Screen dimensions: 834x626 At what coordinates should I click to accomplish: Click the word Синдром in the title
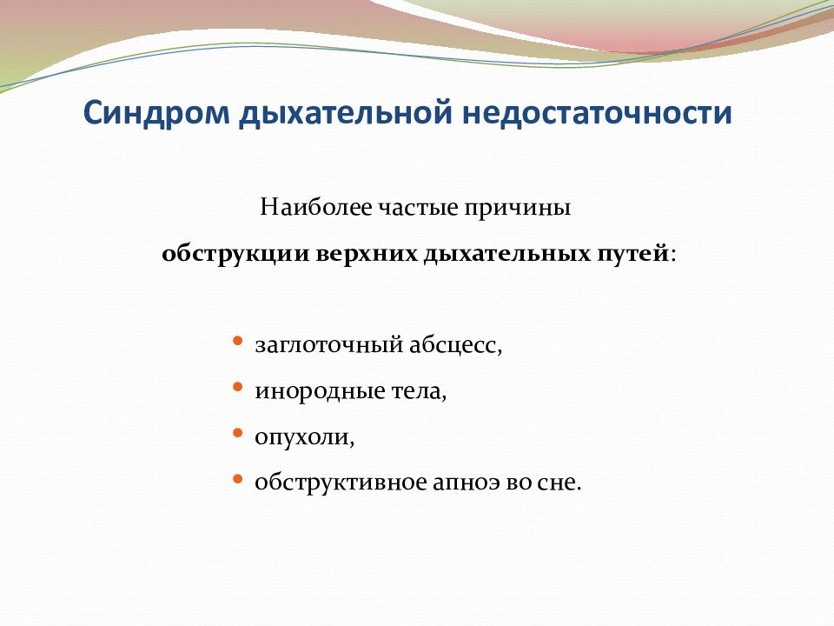point(156,113)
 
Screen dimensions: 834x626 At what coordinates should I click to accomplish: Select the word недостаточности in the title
point(597,113)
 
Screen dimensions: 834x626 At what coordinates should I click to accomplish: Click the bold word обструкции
point(235,253)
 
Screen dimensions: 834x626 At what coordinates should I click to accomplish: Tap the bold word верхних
point(367,253)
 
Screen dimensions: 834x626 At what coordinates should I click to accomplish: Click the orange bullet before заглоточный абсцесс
point(238,340)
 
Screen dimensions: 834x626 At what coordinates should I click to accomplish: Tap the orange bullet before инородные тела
point(238,386)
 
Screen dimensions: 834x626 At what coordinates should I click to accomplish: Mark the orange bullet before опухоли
point(238,433)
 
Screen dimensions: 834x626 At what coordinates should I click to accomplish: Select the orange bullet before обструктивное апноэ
point(238,479)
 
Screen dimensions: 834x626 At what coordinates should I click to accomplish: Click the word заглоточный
point(329,345)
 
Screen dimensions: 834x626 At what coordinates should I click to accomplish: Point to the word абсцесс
point(455,345)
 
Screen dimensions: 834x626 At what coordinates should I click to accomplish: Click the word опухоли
point(304,437)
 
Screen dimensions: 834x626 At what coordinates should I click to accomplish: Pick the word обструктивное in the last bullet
point(341,483)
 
